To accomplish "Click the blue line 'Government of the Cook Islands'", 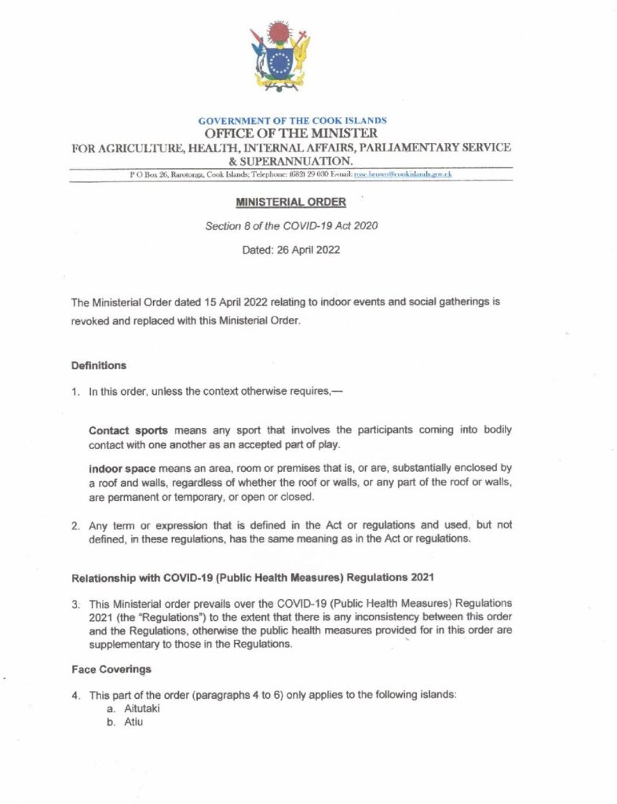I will [x=292, y=121].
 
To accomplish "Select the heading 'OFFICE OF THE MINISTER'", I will [x=290, y=133].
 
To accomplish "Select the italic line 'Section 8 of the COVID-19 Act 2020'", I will [x=290, y=226].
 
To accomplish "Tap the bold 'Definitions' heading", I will [x=98, y=366].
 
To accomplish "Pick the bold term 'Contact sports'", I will [x=122, y=431].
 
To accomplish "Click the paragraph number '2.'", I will [x=76, y=524].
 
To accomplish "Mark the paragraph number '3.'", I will [x=76, y=606].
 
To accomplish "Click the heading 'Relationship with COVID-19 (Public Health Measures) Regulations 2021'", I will [x=252, y=579].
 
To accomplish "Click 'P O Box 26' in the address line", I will [x=148, y=174].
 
